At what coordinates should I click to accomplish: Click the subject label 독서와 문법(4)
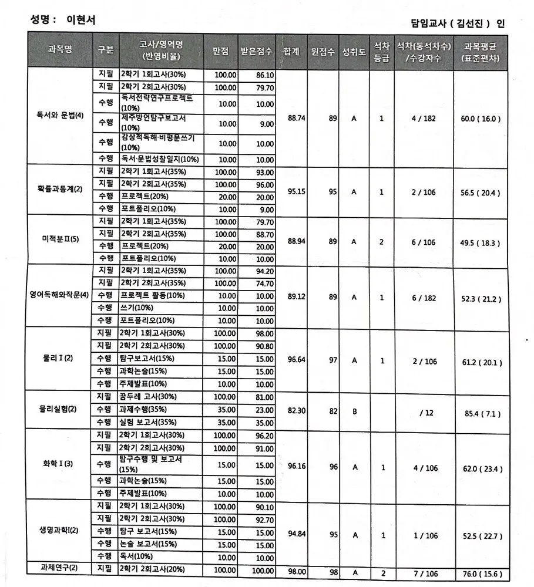(60, 115)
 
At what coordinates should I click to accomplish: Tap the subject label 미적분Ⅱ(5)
(60, 241)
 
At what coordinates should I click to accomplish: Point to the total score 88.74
(297, 118)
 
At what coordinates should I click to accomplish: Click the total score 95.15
(297, 191)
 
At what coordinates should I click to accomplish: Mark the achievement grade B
(354, 411)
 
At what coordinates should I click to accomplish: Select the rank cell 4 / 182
(424, 118)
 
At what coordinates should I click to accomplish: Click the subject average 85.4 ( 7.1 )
(481, 413)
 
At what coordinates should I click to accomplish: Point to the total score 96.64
(297, 360)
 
